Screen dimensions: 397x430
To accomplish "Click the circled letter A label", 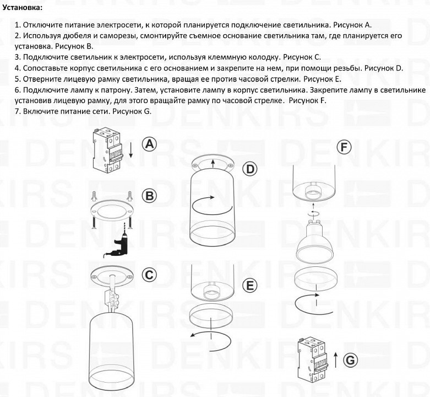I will (x=149, y=144).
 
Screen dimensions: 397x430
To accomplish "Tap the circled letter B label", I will (x=149, y=195).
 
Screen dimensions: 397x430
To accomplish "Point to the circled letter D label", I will (x=250, y=169).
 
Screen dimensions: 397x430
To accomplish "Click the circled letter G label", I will (x=349, y=360).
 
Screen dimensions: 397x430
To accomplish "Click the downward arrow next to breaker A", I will (x=130, y=149).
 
